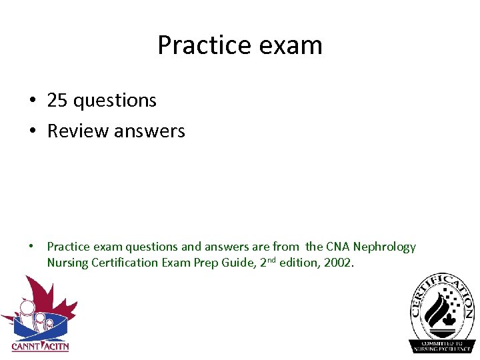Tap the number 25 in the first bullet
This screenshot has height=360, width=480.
pos(57,101)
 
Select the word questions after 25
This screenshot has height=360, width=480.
pos(115,101)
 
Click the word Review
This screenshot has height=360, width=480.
pos(78,131)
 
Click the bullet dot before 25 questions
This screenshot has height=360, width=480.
pos(32,101)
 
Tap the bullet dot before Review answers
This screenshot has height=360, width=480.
pos(32,131)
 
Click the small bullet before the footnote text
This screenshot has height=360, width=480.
pos(31,247)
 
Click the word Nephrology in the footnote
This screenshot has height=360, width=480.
pos(385,247)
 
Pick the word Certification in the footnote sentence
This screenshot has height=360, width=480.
pos(125,263)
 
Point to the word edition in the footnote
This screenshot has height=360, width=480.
pos(298,263)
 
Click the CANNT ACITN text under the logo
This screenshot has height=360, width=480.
pos(40,347)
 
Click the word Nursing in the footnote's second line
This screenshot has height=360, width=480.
pos(67,263)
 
